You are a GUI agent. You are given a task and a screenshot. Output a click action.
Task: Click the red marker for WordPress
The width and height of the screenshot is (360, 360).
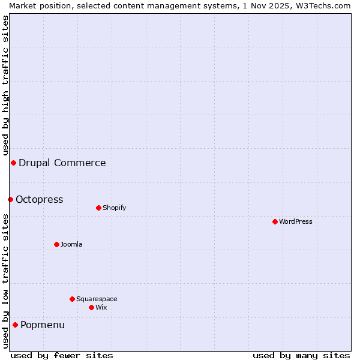275,221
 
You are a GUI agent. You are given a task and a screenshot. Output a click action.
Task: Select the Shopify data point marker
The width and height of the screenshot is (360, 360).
98,208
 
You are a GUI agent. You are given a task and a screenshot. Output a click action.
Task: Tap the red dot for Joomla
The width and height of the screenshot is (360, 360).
56,244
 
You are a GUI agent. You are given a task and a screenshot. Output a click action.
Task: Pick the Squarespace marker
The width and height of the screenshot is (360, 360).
72,299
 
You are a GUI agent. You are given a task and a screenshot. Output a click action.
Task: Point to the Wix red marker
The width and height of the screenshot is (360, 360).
91,307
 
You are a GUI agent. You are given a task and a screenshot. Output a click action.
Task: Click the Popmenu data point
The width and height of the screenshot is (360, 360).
15,325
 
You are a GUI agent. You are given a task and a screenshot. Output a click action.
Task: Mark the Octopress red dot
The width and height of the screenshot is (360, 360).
10,199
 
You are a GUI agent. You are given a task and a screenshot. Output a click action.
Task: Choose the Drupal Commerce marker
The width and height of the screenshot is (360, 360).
13,163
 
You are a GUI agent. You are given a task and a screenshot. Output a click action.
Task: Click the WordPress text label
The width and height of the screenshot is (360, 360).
296,221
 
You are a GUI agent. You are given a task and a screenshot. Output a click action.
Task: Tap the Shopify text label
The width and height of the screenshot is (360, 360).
114,208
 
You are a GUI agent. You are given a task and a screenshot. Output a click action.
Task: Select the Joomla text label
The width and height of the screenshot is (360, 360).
71,244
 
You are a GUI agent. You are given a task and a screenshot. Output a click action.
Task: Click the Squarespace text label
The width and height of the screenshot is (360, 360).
97,299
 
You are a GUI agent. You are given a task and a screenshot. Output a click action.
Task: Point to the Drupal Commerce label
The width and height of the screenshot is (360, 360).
62,163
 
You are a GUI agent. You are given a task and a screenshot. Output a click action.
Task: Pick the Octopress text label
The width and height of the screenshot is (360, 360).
40,199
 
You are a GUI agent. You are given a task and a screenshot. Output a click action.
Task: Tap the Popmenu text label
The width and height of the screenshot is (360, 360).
43,325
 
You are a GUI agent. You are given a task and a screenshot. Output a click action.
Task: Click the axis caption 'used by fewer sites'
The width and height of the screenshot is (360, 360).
62,355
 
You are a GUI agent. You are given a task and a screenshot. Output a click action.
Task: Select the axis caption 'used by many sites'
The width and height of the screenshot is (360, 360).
301,355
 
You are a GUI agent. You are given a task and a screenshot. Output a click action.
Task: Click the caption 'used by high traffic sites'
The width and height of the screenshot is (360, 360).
5,85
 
